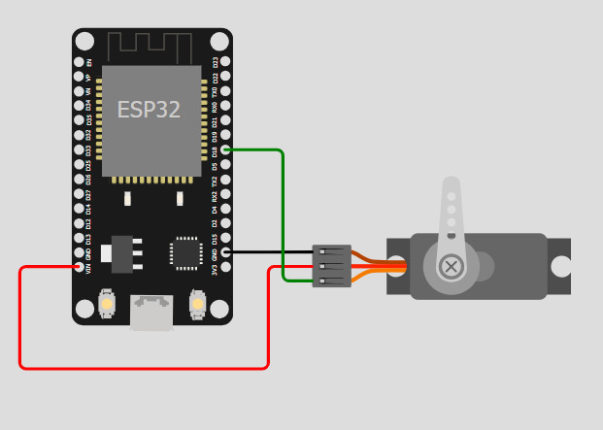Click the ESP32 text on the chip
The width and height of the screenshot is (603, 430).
149,110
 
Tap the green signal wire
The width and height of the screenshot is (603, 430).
283,214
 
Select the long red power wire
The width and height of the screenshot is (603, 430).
146,368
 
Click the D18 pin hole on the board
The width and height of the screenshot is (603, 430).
225,149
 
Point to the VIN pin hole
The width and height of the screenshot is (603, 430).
79,266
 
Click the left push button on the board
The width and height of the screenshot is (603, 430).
108,305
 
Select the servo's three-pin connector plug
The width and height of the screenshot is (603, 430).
331,265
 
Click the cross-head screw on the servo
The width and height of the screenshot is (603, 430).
451,265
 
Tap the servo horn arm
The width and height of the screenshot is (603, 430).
450,209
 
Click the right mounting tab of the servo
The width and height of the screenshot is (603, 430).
559,266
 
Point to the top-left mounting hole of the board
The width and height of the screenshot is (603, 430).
85,42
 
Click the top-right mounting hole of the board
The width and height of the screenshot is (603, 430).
219,42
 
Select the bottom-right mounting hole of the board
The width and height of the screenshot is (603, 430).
219,310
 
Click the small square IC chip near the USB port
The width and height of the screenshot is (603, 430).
184,252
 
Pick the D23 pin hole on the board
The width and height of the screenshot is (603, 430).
225,62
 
